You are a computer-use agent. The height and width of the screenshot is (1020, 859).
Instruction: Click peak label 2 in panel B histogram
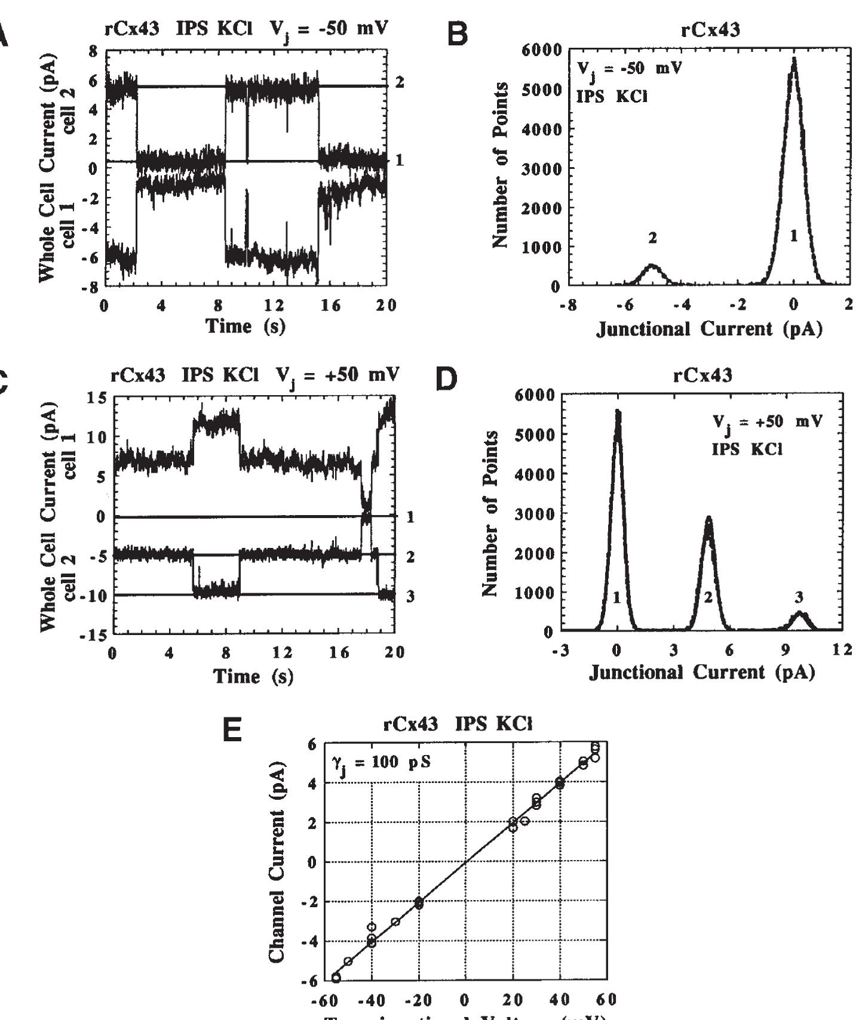coord(652,238)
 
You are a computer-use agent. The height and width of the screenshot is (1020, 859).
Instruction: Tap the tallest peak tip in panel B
coord(794,58)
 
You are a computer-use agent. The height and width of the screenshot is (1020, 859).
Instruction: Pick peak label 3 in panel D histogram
coord(799,596)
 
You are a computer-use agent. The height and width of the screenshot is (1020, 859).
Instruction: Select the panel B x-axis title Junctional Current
coord(709,329)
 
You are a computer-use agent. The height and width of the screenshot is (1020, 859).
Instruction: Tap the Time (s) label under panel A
coord(246,326)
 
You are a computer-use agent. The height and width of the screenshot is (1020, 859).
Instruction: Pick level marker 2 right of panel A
coord(400,82)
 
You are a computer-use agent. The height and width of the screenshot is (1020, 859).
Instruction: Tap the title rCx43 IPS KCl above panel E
coord(457,724)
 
